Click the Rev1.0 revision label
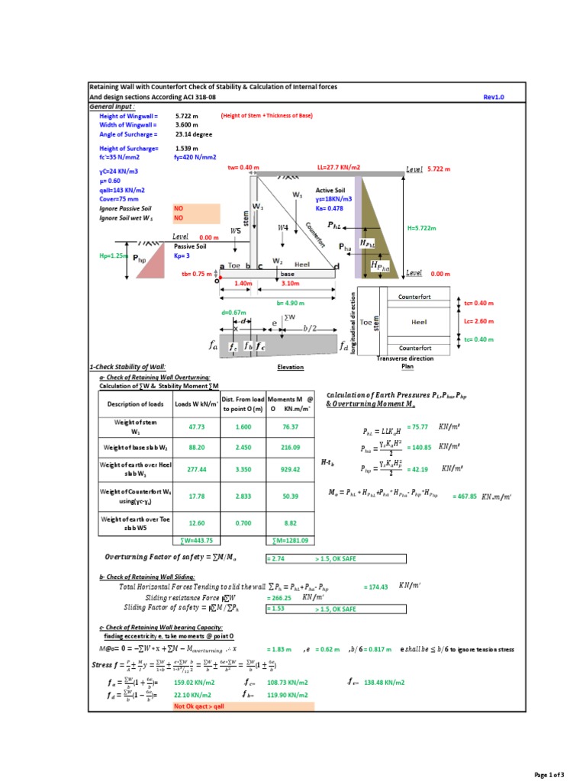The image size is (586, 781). point(494,98)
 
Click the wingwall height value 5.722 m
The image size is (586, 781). point(187,115)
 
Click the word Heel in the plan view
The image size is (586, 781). point(419,322)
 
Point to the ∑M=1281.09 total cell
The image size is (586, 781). point(291,541)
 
